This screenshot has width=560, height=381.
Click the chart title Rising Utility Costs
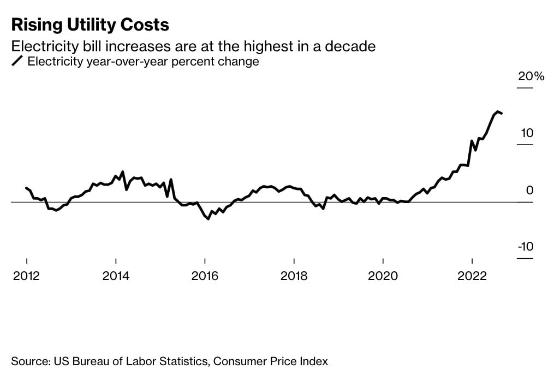[90, 25]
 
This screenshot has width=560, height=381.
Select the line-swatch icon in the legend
[17, 62]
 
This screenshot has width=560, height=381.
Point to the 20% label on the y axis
[531, 76]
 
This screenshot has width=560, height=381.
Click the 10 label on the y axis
[527, 133]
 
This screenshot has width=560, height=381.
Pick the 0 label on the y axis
[529, 190]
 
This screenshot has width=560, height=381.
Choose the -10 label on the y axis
[526, 247]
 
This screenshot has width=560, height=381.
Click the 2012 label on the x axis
[27, 276]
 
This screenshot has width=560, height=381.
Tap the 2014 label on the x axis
[116, 276]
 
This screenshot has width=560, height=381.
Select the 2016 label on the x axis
[205, 276]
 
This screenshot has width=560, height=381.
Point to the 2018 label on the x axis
[294, 276]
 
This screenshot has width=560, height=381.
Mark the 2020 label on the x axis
[383, 276]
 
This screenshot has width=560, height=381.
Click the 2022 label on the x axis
[472, 276]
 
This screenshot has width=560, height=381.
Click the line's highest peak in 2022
[497, 111]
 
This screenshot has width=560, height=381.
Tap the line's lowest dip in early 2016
[208, 219]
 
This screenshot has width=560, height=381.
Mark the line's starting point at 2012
[27, 188]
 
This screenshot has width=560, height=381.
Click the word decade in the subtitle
[353, 46]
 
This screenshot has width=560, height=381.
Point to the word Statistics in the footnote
[181, 361]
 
